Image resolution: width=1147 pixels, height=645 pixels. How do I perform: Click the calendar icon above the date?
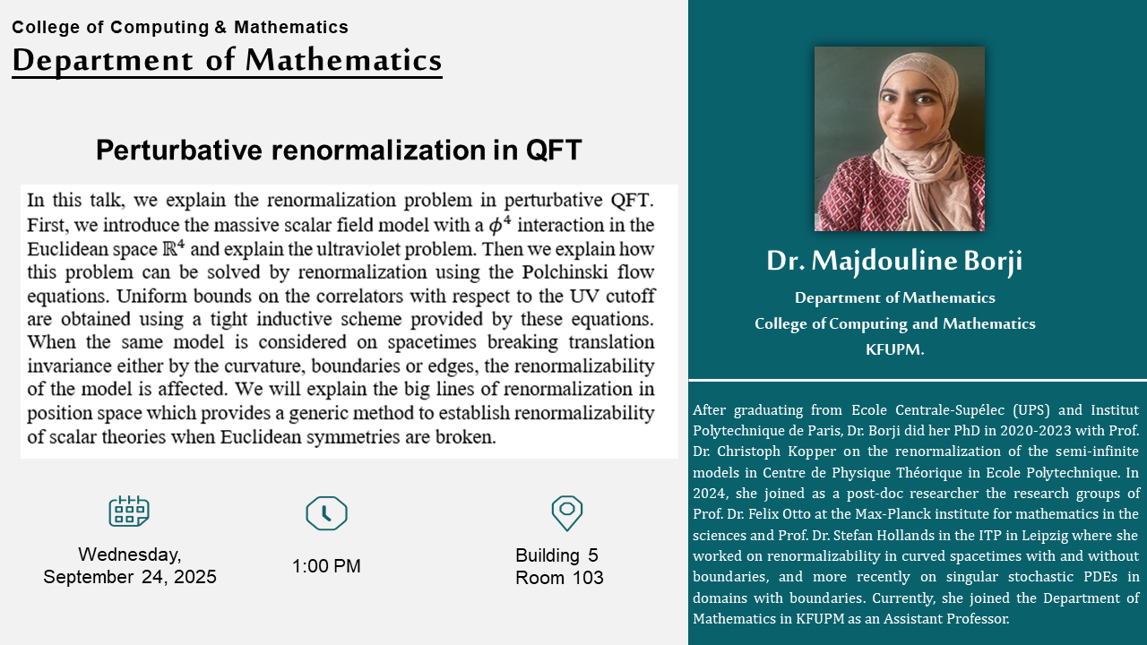pyautogui.click(x=129, y=511)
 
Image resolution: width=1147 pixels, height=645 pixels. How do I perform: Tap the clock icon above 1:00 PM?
pyautogui.click(x=326, y=513)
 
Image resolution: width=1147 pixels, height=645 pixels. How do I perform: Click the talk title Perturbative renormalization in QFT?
pyautogui.click(x=339, y=150)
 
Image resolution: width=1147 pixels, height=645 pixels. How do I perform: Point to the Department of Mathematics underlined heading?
pyautogui.click(x=227, y=61)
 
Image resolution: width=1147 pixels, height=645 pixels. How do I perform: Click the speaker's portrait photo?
pyautogui.click(x=899, y=139)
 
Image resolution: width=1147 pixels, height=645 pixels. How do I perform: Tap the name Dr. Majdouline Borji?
pyautogui.click(x=894, y=261)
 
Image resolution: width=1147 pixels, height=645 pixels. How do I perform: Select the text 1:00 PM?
pyautogui.click(x=326, y=565)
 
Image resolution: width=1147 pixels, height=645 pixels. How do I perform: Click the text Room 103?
pyautogui.click(x=559, y=578)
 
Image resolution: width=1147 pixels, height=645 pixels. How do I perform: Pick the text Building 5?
pyautogui.click(x=556, y=555)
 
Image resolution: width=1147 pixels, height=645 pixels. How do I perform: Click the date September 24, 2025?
pyautogui.click(x=130, y=577)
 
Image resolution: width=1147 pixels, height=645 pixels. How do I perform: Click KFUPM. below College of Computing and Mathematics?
pyautogui.click(x=894, y=349)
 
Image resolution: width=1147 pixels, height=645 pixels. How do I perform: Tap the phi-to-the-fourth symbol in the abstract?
pyautogui.click(x=499, y=224)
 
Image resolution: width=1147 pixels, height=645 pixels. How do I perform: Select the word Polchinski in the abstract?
pyautogui.click(x=565, y=271)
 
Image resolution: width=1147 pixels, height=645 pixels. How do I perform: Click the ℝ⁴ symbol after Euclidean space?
pyautogui.click(x=174, y=248)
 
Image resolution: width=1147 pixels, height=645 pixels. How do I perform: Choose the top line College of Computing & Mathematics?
pyautogui.click(x=180, y=27)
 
